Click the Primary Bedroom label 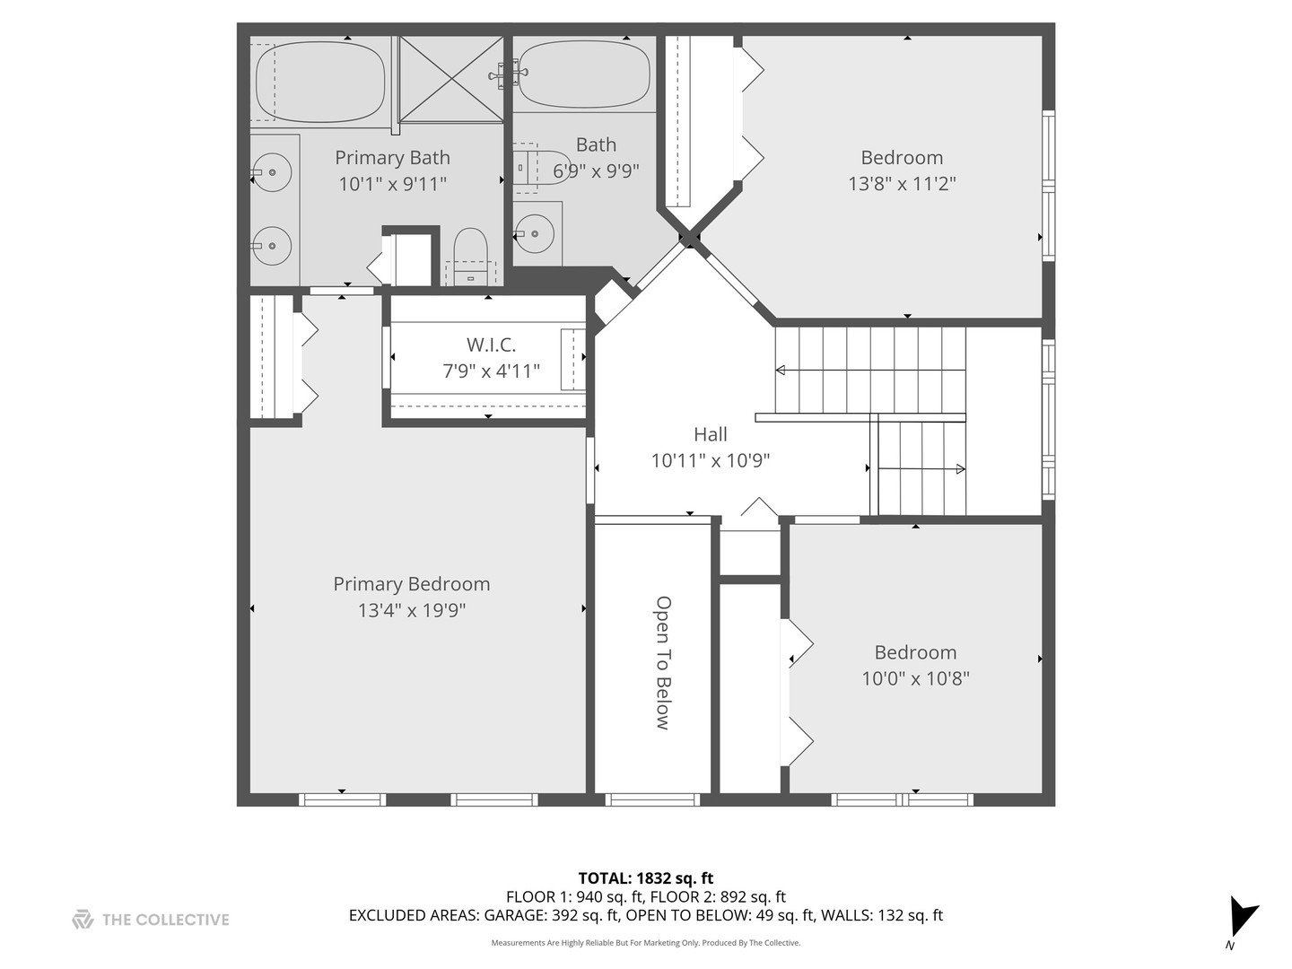coord(411,584)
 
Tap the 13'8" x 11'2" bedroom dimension coord(902,184)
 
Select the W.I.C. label coord(491,345)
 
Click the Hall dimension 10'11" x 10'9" coord(710,460)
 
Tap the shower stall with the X coord(451,78)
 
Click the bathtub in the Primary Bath coord(320,82)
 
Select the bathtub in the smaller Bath coord(584,74)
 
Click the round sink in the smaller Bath coord(536,233)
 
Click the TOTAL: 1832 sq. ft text coord(645,878)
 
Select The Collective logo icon coord(83,919)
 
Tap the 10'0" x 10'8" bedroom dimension coord(915,679)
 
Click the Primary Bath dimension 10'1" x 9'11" coord(392,184)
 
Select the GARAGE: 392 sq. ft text coord(552,915)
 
